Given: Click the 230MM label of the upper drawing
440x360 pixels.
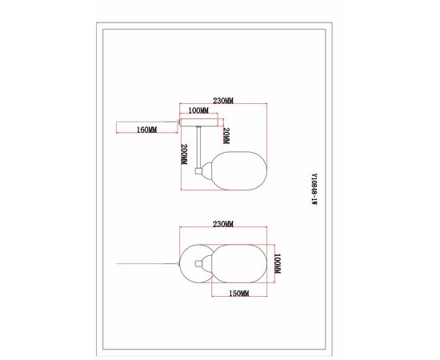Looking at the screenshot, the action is (x=223, y=101).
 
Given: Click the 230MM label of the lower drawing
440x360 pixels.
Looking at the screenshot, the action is (x=223, y=224).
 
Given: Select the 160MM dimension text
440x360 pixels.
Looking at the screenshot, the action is (x=146, y=130).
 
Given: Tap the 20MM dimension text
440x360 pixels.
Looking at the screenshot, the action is (x=226, y=136).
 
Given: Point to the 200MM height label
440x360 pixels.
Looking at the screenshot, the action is (x=184, y=154).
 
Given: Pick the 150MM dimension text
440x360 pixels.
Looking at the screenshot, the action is (x=239, y=294).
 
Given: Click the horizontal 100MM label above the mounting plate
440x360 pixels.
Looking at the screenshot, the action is (x=198, y=110).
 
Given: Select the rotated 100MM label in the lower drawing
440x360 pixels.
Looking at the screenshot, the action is (x=278, y=263).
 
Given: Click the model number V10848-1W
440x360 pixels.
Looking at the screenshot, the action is (x=314, y=190).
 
